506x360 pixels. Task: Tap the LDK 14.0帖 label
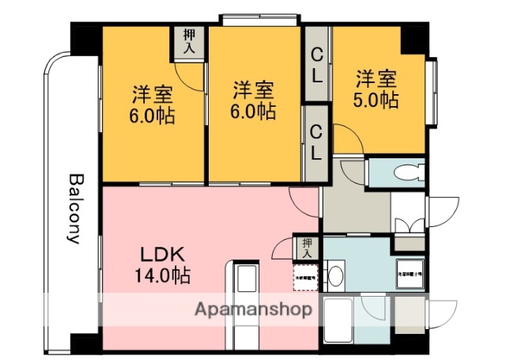[164, 265]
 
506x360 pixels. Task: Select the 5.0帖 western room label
[376, 89]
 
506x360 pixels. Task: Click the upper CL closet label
[316, 63]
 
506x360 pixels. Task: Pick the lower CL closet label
[316, 142]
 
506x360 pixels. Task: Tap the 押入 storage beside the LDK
[307, 248]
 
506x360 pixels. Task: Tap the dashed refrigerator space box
[304, 277]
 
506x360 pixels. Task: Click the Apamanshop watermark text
[252, 309]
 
